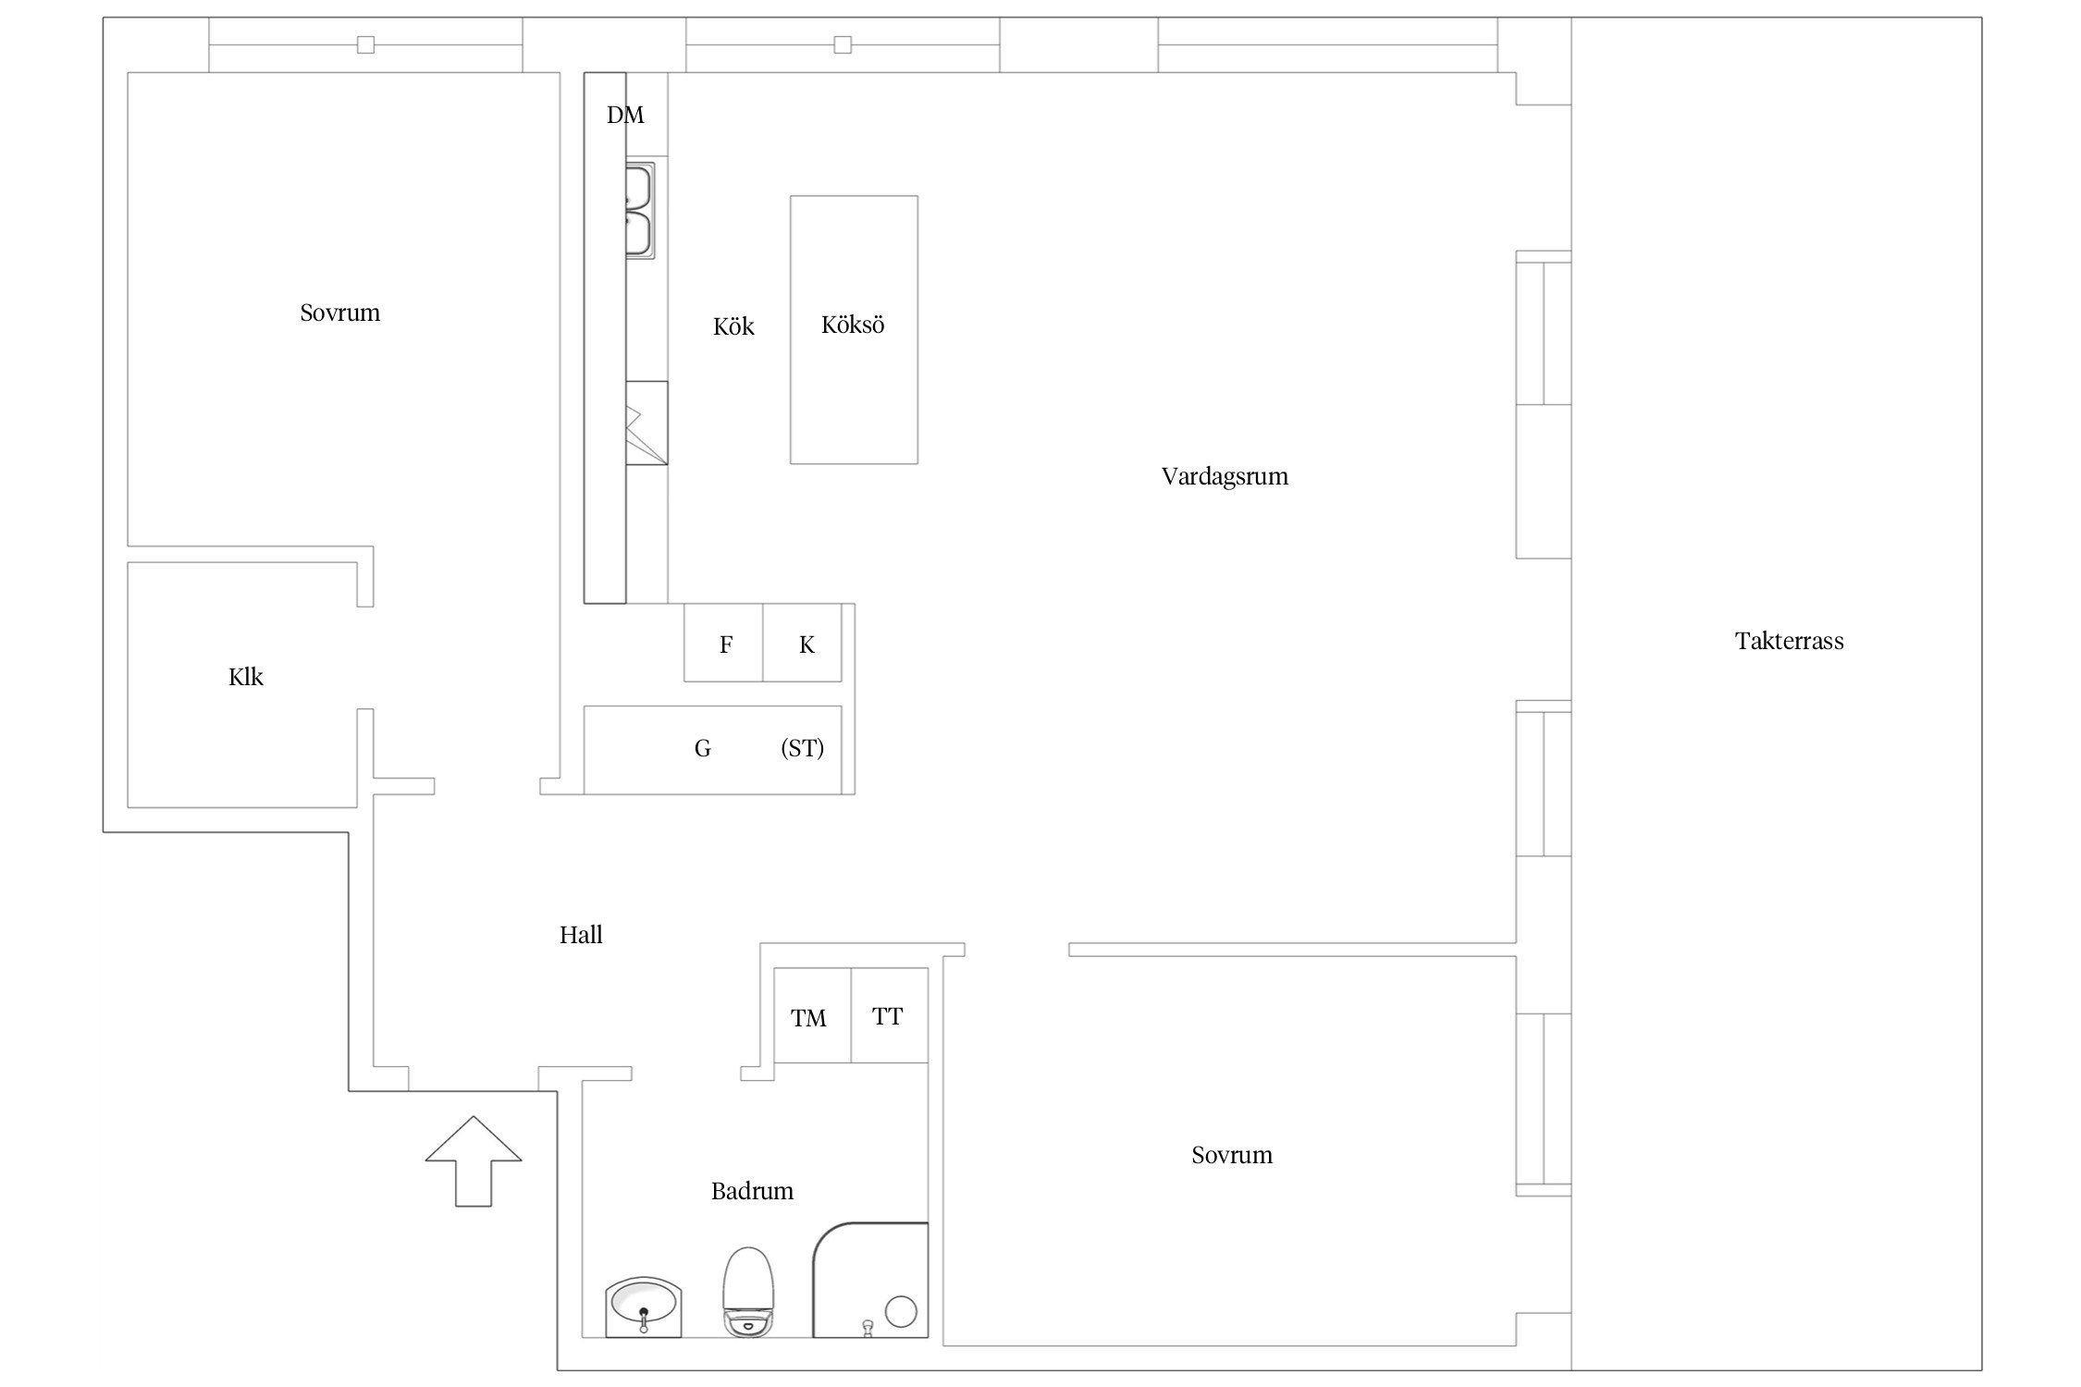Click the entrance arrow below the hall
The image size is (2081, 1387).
coord(474,1160)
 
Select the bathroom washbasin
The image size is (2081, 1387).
coord(644,1307)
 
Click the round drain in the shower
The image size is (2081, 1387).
coord(901,1311)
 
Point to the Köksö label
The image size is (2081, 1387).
coord(853,325)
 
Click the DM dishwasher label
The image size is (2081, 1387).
coord(625,115)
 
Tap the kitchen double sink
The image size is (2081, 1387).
coord(640,210)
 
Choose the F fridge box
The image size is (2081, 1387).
coord(723,643)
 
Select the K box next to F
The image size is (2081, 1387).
coord(803,643)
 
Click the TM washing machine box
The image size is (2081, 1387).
coord(812,1015)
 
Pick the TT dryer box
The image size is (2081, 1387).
coord(889,1015)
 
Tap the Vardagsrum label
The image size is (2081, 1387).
coord(1225,477)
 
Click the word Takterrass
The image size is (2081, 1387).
coord(1789,641)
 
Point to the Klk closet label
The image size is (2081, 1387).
coord(246,677)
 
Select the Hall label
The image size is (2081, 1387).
coord(581,935)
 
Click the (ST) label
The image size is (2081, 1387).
coord(802,748)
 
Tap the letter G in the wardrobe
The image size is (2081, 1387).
coord(703,748)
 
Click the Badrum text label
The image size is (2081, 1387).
coord(752,1191)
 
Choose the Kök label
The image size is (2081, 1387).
coord(733,326)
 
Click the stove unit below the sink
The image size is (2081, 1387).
coord(646,423)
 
